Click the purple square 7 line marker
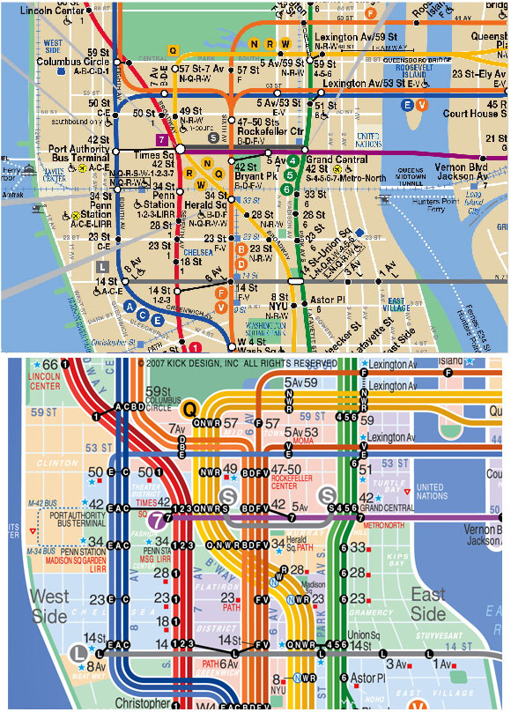point(161,140)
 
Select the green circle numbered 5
point(286,174)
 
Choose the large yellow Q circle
point(190,408)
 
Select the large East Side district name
point(429,605)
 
